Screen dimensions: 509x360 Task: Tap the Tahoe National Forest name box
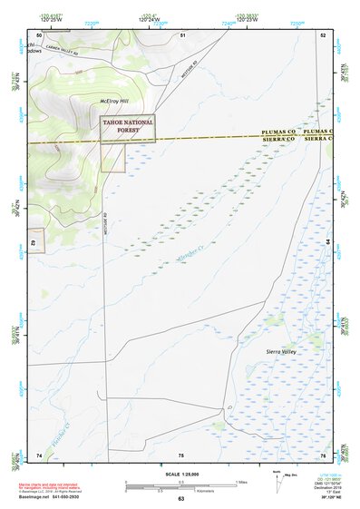pos(128,127)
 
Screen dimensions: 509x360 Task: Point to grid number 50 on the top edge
pos(39,34)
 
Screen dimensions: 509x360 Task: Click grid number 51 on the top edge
pos(182,34)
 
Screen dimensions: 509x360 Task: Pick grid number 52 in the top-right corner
pos(322,34)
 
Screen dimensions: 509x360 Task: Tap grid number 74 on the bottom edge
pos(39,454)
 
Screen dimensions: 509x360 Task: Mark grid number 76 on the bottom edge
pos(322,454)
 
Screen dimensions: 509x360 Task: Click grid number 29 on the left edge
pos(34,243)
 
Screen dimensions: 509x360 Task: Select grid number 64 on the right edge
pos(327,243)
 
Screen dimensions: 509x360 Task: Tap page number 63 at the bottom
pos(180,499)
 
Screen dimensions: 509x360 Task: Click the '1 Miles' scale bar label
pos(241,481)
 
